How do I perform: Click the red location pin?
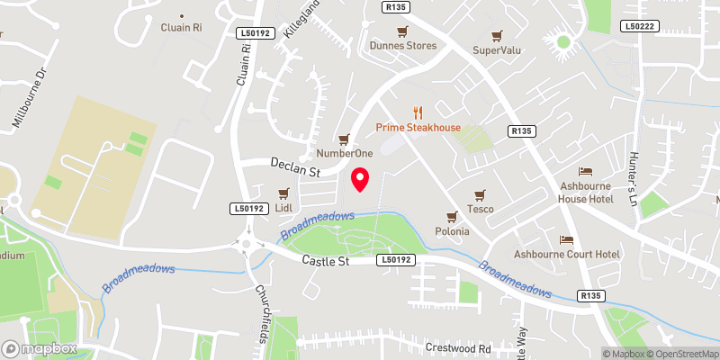360,179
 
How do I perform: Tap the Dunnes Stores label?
403,46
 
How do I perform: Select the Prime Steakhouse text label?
418,128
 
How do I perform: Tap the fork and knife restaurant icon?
417,112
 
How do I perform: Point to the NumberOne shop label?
338,154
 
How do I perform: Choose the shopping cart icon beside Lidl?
284,193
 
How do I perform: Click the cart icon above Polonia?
453,216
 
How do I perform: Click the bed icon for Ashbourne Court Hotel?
567,239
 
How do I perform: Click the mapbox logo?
39,348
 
